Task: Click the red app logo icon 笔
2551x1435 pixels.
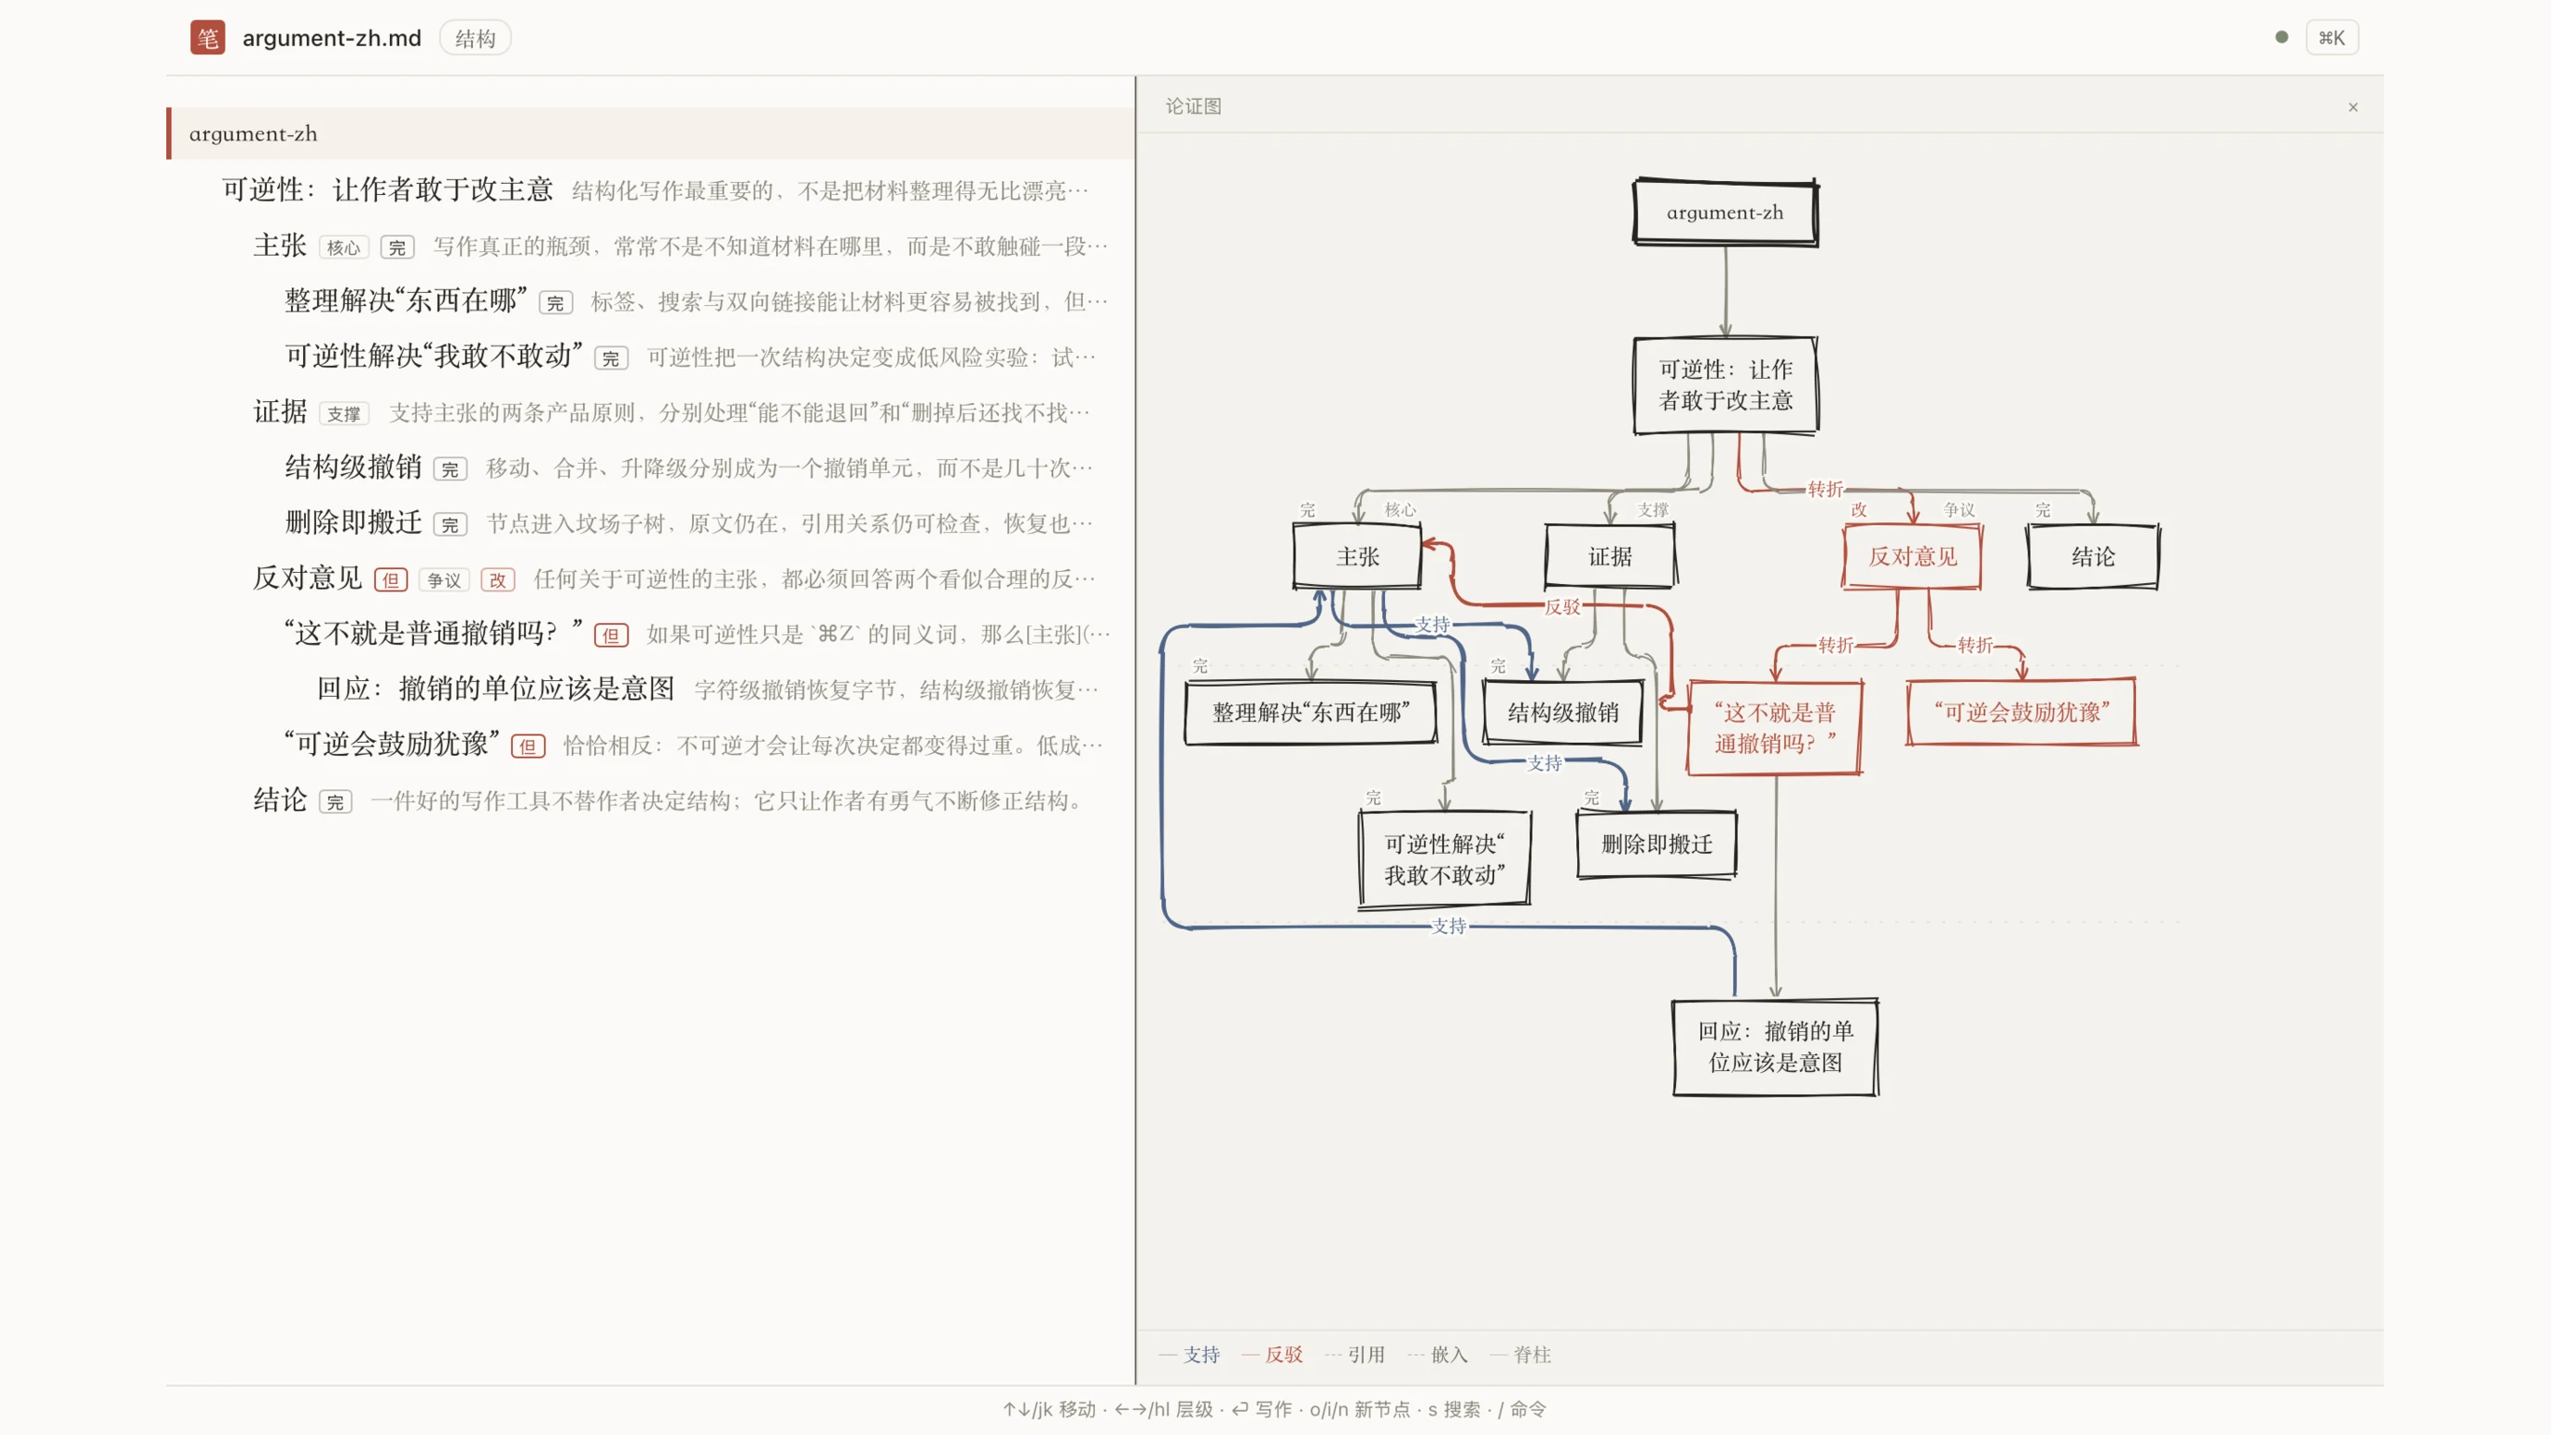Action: click(x=207, y=38)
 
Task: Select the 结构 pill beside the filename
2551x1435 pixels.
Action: click(x=474, y=38)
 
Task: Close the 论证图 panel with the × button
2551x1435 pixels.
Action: click(x=2353, y=107)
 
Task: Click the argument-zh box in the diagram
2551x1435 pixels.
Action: click(x=1725, y=212)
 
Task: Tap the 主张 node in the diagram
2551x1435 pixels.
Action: click(x=1356, y=556)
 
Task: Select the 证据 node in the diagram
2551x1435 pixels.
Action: click(x=1610, y=556)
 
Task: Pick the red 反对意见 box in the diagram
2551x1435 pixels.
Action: click(x=1913, y=556)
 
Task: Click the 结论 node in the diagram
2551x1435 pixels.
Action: click(x=2094, y=556)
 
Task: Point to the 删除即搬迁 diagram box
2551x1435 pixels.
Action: click(x=1657, y=844)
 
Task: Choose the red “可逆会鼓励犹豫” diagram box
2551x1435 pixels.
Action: click(x=2023, y=712)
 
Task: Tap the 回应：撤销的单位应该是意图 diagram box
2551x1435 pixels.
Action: click(x=1776, y=1047)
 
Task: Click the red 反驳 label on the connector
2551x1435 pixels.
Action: click(x=1562, y=607)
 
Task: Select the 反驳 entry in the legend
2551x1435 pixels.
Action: click(x=1272, y=1354)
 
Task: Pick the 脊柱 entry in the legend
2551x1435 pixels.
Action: click(x=1520, y=1354)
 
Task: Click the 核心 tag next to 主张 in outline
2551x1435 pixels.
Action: click(x=344, y=248)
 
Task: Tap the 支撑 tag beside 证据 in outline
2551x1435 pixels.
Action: click(x=344, y=414)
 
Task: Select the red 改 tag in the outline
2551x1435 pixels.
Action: click(x=497, y=580)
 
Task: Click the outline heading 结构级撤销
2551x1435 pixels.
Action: click(x=354, y=467)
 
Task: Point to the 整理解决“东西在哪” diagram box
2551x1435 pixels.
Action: click(x=1311, y=712)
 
